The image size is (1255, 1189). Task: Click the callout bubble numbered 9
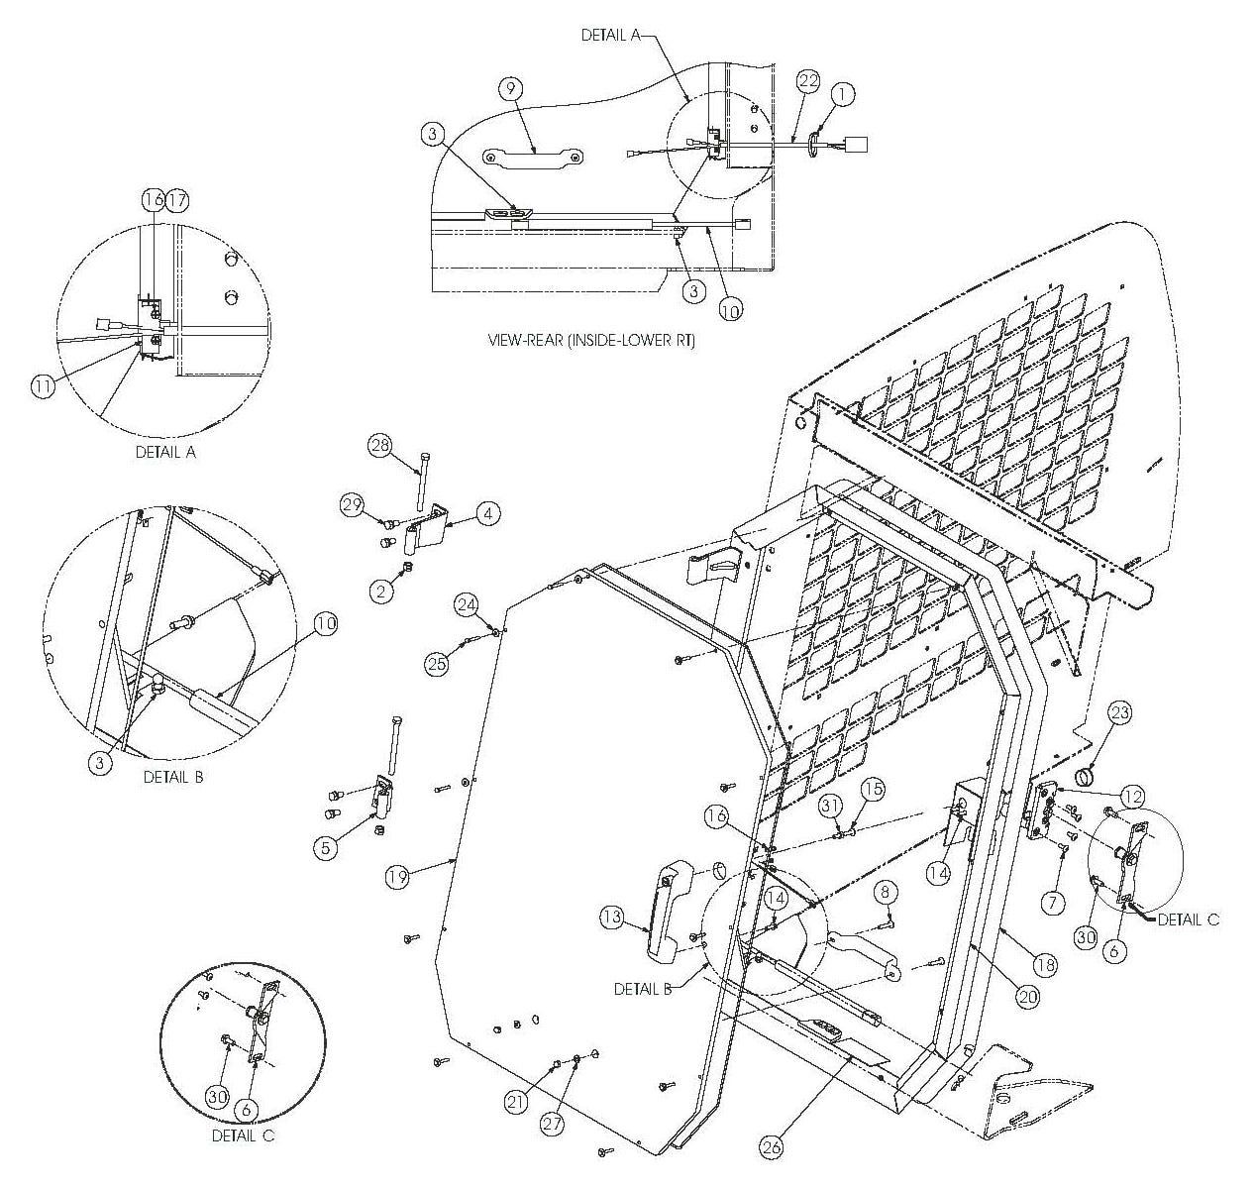509,89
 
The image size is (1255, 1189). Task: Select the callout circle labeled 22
808,81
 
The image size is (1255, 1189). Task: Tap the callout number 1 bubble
842,93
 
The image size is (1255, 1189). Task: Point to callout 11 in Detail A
42,387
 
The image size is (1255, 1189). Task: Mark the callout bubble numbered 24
468,603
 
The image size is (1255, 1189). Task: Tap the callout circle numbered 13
611,919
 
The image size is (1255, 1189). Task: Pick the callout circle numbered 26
771,1147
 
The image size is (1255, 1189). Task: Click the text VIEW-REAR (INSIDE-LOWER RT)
591,340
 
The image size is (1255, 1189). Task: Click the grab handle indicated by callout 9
533,157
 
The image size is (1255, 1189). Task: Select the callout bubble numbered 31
830,808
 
